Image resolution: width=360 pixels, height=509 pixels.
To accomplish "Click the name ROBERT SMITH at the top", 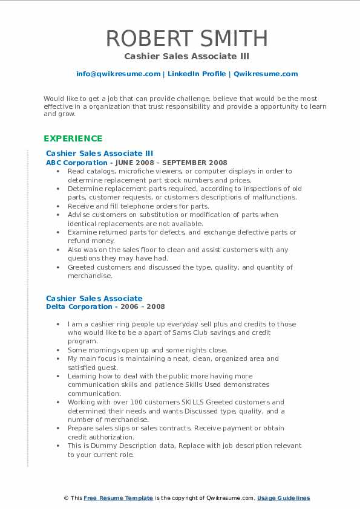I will pyautogui.click(x=187, y=38).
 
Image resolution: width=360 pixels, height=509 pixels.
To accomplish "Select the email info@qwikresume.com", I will pyautogui.click(x=118, y=74).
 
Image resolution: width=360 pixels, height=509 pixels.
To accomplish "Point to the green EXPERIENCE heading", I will pyautogui.click(x=73, y=138).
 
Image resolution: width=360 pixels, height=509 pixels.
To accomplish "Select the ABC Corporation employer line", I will pyautogui.click(x=136, y=162).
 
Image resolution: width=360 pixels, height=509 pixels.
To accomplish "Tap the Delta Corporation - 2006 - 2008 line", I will pyautogui.click(x=105, y=306).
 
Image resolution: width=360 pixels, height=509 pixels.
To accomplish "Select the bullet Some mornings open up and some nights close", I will pyautogui.click(x=147, y=350).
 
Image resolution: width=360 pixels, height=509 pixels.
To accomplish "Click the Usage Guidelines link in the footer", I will pyautogui.click(x=283, y=498).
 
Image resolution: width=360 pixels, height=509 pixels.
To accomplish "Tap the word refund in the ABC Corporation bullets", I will pyautogui.click(x=78, y=241).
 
